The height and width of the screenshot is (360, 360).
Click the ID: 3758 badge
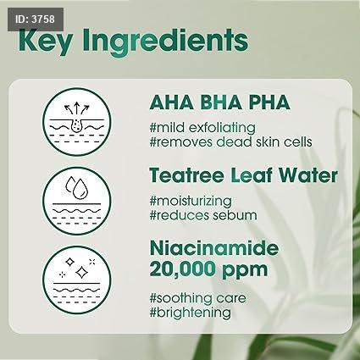point(36,19)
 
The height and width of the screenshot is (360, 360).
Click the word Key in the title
point(45,42)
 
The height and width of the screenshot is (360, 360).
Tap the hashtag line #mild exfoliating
point(202,128)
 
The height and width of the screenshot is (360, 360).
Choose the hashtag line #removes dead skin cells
point(230,141)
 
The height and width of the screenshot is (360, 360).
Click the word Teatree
point(187,175)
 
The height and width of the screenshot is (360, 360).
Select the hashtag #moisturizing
point(191,202)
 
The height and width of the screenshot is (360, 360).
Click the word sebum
point(235,215)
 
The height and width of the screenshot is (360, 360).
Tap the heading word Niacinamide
point(214,248)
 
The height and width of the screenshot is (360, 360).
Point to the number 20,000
point(183,269)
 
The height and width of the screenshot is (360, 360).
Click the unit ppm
point(245,271)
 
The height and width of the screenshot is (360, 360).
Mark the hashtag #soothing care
point(197,298)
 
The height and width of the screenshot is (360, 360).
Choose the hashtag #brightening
point(190,313)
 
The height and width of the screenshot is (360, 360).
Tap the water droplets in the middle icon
point(77,187)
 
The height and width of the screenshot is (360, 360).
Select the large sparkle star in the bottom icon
point(81,272)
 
